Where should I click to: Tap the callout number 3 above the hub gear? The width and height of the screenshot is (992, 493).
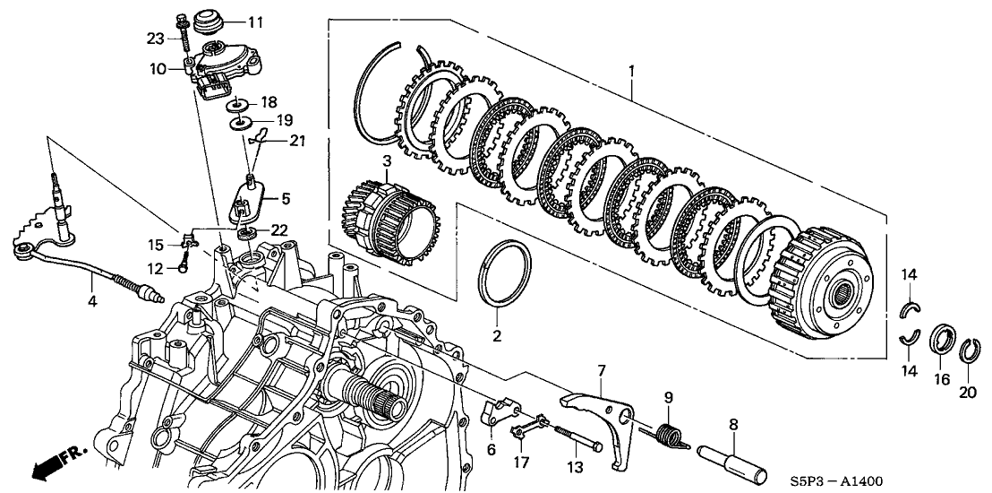(361, 161)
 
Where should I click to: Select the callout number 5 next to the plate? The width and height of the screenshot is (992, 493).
(286, 197)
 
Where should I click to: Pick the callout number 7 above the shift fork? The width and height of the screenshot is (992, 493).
(602, 369)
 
